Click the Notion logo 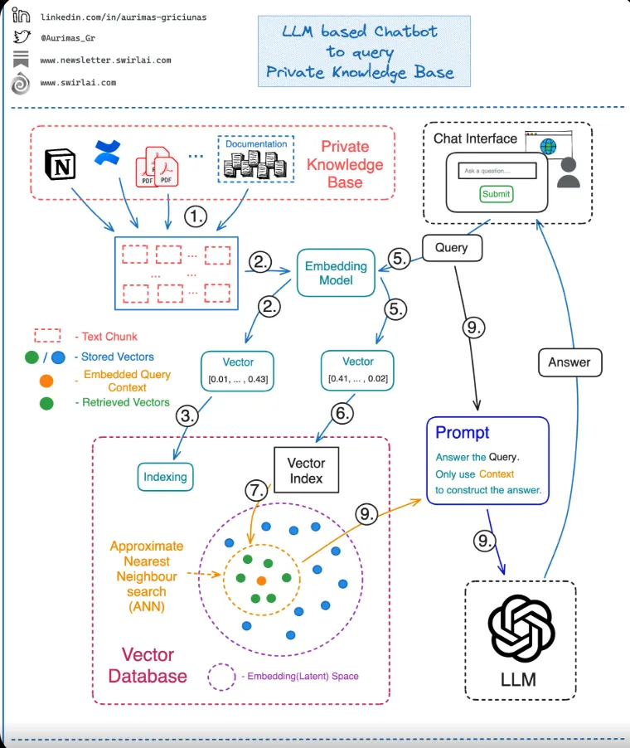pyautogui.click(x=60, y=165)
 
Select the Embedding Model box pyautogui.click(x=336, y=273)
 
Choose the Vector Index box pyautogui.click(x=306, y=470)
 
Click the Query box pyautogui.click(x=451, y=247)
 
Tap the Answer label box pyautogui.click(x=569, y=362)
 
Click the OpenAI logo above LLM pyautogui.click(x=521, y=627)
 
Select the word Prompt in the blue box pyautogui.click(x=463, y=432)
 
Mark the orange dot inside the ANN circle pyautogui.click(x=261, y=579)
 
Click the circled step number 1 pyautogui.click(x=195, y=217)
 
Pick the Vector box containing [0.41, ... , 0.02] pyautogui.click(x=358, y=370)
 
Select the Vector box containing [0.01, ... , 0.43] pyautogui.click(x=238, y=370)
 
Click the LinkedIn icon pyautogui.click(x=22, y=16)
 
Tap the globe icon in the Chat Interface pyautogui.click(x=548, y=147)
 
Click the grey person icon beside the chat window pyautogui.click(x=569, y=172)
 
